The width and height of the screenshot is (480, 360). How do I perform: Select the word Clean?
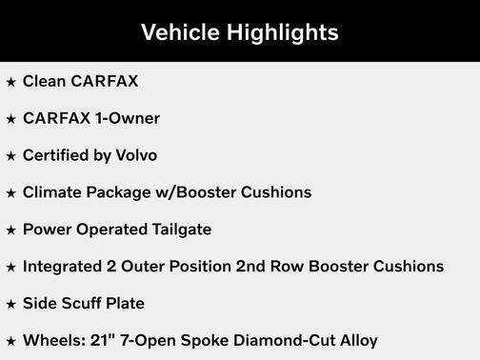pos(43,81)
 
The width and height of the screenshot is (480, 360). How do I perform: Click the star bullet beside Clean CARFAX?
pos(10,82)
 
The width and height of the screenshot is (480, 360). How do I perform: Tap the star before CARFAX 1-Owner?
pos(10,119)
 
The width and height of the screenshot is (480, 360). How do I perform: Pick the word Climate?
pos(50,192)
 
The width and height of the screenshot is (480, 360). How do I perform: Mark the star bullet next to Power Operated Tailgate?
pos(10,230)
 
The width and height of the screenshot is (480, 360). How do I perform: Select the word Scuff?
pos(82,304)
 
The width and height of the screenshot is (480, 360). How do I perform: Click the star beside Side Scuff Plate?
pos(10,305)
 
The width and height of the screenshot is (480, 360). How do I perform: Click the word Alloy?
pos(355,340)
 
